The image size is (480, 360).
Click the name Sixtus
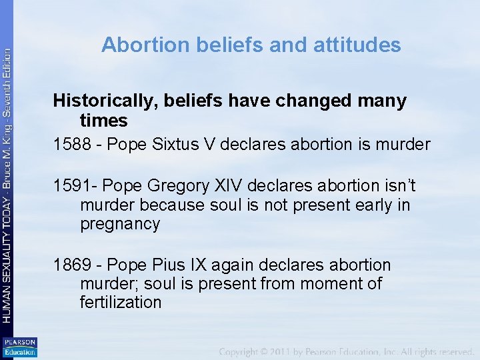[175, 144]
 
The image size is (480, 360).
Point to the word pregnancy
[120, 224]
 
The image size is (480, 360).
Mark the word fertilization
[121, 303]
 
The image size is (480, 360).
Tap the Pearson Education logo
[19, 347]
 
